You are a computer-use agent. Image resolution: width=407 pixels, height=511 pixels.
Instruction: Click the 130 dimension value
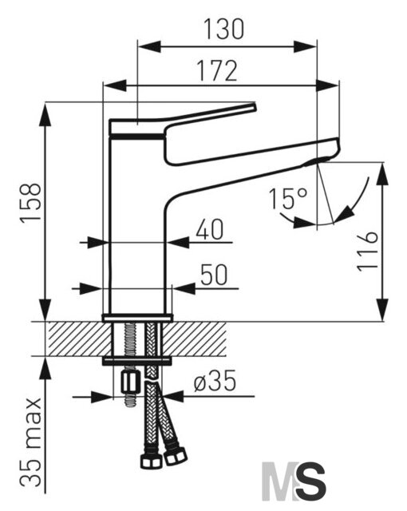[x=224, y=29]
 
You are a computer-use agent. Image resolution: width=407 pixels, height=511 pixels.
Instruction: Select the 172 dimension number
[x=218, y=71]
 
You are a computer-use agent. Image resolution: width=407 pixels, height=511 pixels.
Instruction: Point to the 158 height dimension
[x=31, y=202]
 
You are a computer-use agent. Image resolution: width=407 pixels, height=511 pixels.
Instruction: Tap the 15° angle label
[x=288, y=198]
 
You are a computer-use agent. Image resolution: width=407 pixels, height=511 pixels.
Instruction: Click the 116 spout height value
[x=368, y=252]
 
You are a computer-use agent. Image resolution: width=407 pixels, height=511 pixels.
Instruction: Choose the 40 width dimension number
[x=210, y=229]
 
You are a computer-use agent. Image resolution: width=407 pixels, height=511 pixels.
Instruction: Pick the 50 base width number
[x=214, y=275]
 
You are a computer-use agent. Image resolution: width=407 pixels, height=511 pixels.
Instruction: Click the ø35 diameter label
[x=215, y=381]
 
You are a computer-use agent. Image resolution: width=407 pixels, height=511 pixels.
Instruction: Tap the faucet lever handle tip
[x=253, y=107]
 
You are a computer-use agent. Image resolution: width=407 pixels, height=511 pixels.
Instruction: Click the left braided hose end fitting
[x=151, y=460]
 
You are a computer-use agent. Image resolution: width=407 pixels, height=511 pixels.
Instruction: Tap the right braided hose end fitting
[x=176, y=456]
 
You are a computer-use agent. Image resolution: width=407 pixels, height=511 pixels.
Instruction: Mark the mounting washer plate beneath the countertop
[x=137, y=361]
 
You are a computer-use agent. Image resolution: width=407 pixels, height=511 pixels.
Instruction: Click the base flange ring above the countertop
[x=137, y=318]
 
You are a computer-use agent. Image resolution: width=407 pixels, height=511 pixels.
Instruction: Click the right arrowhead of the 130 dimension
[x=305, y=46]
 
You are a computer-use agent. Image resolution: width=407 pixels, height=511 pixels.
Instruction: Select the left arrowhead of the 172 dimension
[x=115, y=86]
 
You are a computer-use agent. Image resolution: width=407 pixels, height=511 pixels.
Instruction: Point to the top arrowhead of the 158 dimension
[x=45, y=113]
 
